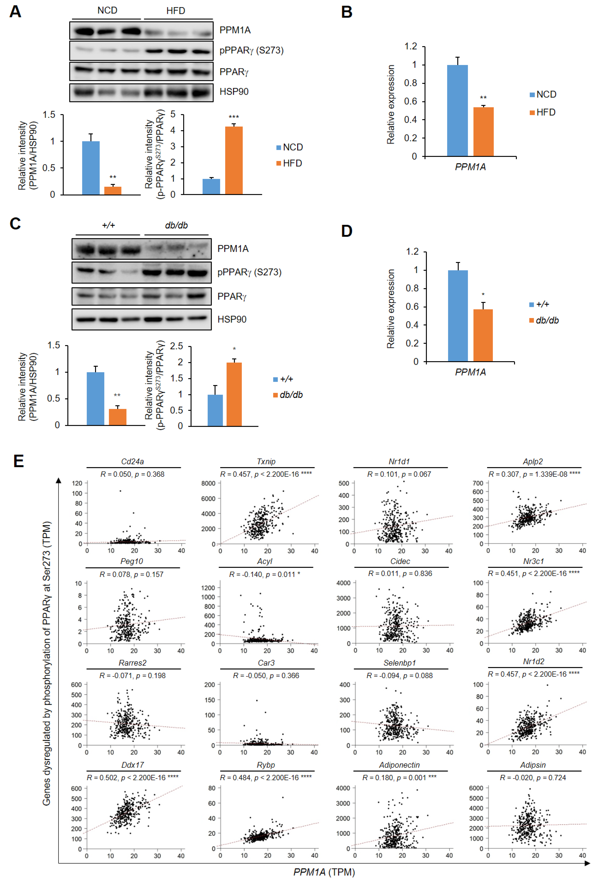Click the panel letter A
[15, 11]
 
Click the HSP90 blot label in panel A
[234, 92]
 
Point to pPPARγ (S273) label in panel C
[249, 272]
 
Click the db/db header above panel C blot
[176, 225]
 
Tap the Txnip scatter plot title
[266, 461]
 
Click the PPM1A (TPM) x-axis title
[324, 872]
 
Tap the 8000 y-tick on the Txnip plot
[208, 483]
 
